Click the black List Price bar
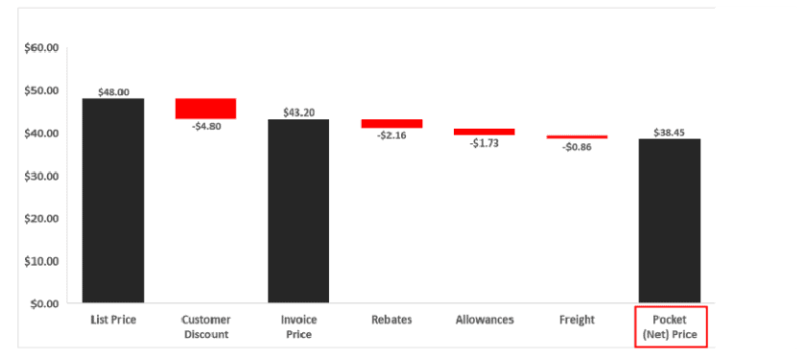(x=113, y=201)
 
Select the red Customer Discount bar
(x=205, y=108)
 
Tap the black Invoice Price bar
(x=298, y=211)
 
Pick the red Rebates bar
(x=391, y=123)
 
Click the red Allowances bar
(x=484, y=132)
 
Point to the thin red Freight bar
(x=577, y=137)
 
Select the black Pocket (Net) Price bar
(x=669, y=221)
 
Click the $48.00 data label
(x=113, y=92)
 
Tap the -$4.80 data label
(x=205, y=126)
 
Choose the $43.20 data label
(x=298, y=112)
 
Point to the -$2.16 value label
(x=391, y=135)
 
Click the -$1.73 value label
(x=484, y=143)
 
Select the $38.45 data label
(x=669, y=132)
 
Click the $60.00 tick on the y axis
(x=41, y=48)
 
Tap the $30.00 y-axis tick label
(x=41, y=176)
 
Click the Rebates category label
(x=391, y=320)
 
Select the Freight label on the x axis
(x=577, y=320)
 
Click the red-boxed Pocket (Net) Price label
(x=670, y=327)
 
